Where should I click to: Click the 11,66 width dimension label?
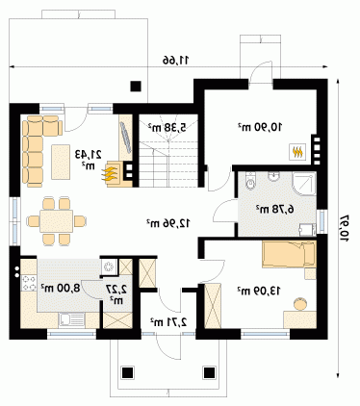coord(176,60)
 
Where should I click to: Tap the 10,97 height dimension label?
coord(344,228)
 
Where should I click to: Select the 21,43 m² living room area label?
coord(89,160)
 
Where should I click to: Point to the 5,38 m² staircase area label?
coord(167,127)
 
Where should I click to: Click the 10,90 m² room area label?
coord(260,127)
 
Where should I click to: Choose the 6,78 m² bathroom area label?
coord(275,210)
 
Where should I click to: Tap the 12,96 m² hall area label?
coord(168,223)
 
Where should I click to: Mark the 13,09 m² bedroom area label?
coord(259,291)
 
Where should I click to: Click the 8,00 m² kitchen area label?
coord(61,288)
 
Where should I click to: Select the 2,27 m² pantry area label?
coord(116,294)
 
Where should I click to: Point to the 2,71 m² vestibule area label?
coord(168,321)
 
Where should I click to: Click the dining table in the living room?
coord(57,221)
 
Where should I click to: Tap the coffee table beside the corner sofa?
coord(61,162)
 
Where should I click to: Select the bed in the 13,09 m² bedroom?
coord(289,255)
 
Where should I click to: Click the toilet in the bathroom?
coord(250,180)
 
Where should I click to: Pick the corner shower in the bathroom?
coord(304,184)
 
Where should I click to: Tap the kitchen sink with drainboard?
coord(71,319)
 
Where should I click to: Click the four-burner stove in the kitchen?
coord(29,283)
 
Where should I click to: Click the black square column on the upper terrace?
coord(136,86)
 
